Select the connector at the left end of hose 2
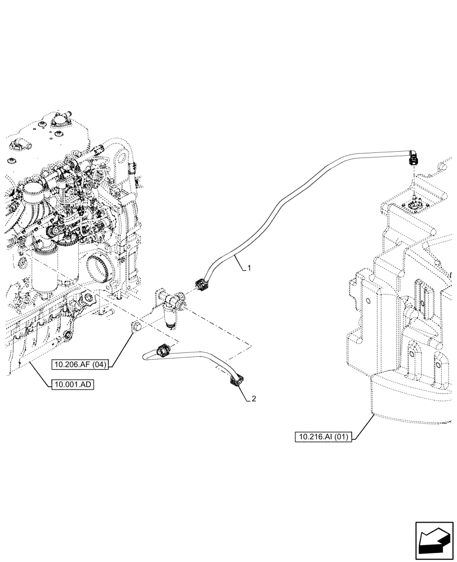[163, 350]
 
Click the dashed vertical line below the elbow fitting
[414, 180]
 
